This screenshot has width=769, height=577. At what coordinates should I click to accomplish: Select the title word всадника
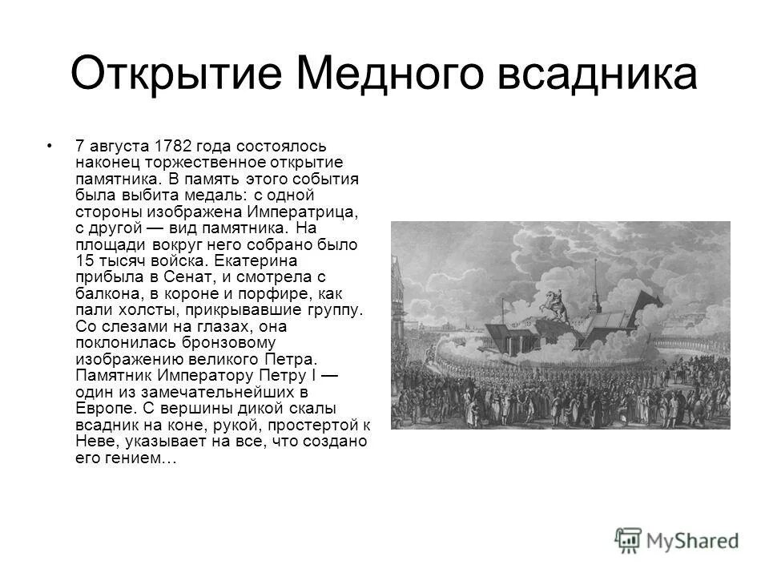tap(598, 75)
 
